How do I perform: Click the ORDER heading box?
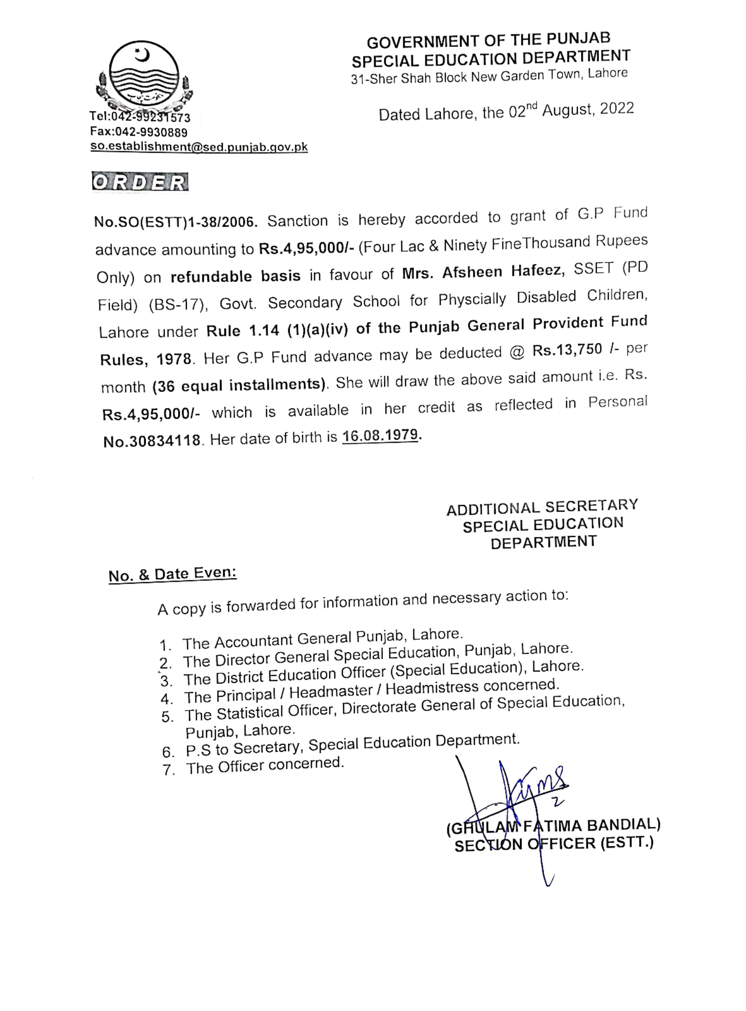click(x=140, y=182)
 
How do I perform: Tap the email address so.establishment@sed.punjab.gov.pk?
click(x=199, y=147)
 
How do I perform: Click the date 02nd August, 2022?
click(x=571, y=110)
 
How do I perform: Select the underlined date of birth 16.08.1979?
click(x=380, y=436)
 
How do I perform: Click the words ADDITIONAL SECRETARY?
click(x=542, y=508)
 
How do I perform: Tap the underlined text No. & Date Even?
click(x=173, y=574)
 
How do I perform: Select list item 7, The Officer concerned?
click(x=265, y=766)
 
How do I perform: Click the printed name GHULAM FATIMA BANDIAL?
click(x=553, y=826)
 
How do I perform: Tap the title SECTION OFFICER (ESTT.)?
click(x=554, y=844)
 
